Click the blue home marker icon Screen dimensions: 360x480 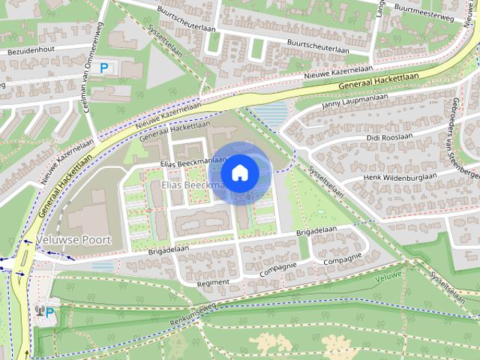coord(239,172)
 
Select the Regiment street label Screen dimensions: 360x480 coord(211,283)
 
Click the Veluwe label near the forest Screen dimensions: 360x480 coord(388,276)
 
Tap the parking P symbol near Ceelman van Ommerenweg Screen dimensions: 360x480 coord(104,67)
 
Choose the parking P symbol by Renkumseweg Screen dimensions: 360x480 coord(49,312)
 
